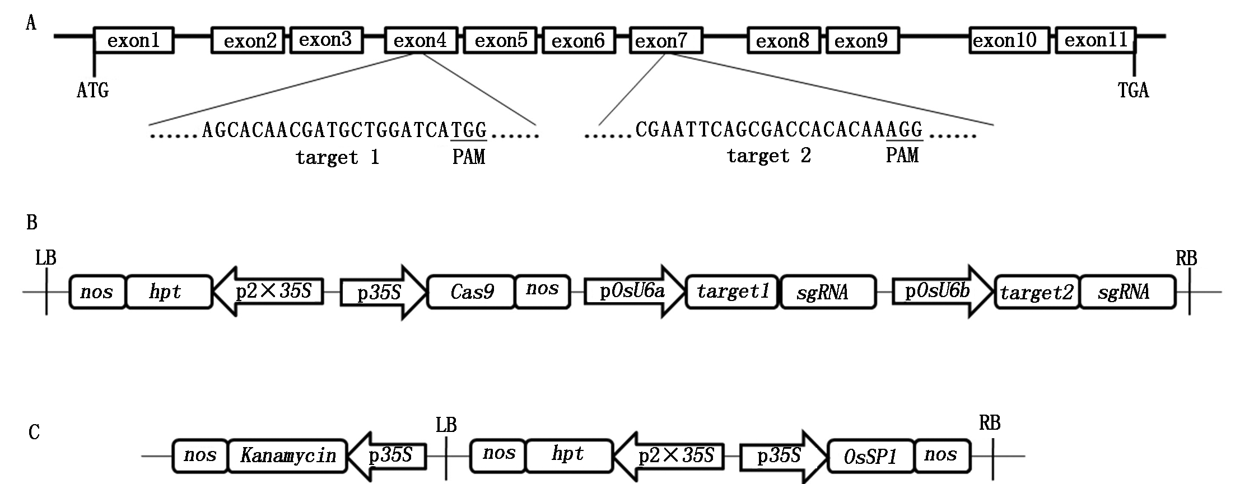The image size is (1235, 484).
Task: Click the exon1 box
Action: tap(134, 40)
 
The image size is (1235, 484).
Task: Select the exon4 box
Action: tap(421, 40)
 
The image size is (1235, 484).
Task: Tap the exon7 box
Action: tap(666, 40)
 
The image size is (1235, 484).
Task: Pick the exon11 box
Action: tap(1096, 40)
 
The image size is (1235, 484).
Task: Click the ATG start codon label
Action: tap(93, 90)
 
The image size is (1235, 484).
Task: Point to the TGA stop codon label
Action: tap(1133, 90)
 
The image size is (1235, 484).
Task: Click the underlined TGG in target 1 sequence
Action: tap(469, 130)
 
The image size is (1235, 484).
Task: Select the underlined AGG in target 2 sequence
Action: tap(905, 130)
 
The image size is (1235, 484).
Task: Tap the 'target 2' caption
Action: tap(769, 156)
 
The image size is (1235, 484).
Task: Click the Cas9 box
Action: tap(471, 292)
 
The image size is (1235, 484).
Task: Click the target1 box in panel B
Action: tap(732, 292)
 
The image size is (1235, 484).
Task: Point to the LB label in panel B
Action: tap(46, 258)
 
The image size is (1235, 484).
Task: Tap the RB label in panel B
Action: tap(1186, 258)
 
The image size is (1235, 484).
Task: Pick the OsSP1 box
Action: tap(870, 457)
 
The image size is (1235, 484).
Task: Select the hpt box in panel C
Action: tap(568, 454)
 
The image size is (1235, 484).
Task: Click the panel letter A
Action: tap(31, 24)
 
